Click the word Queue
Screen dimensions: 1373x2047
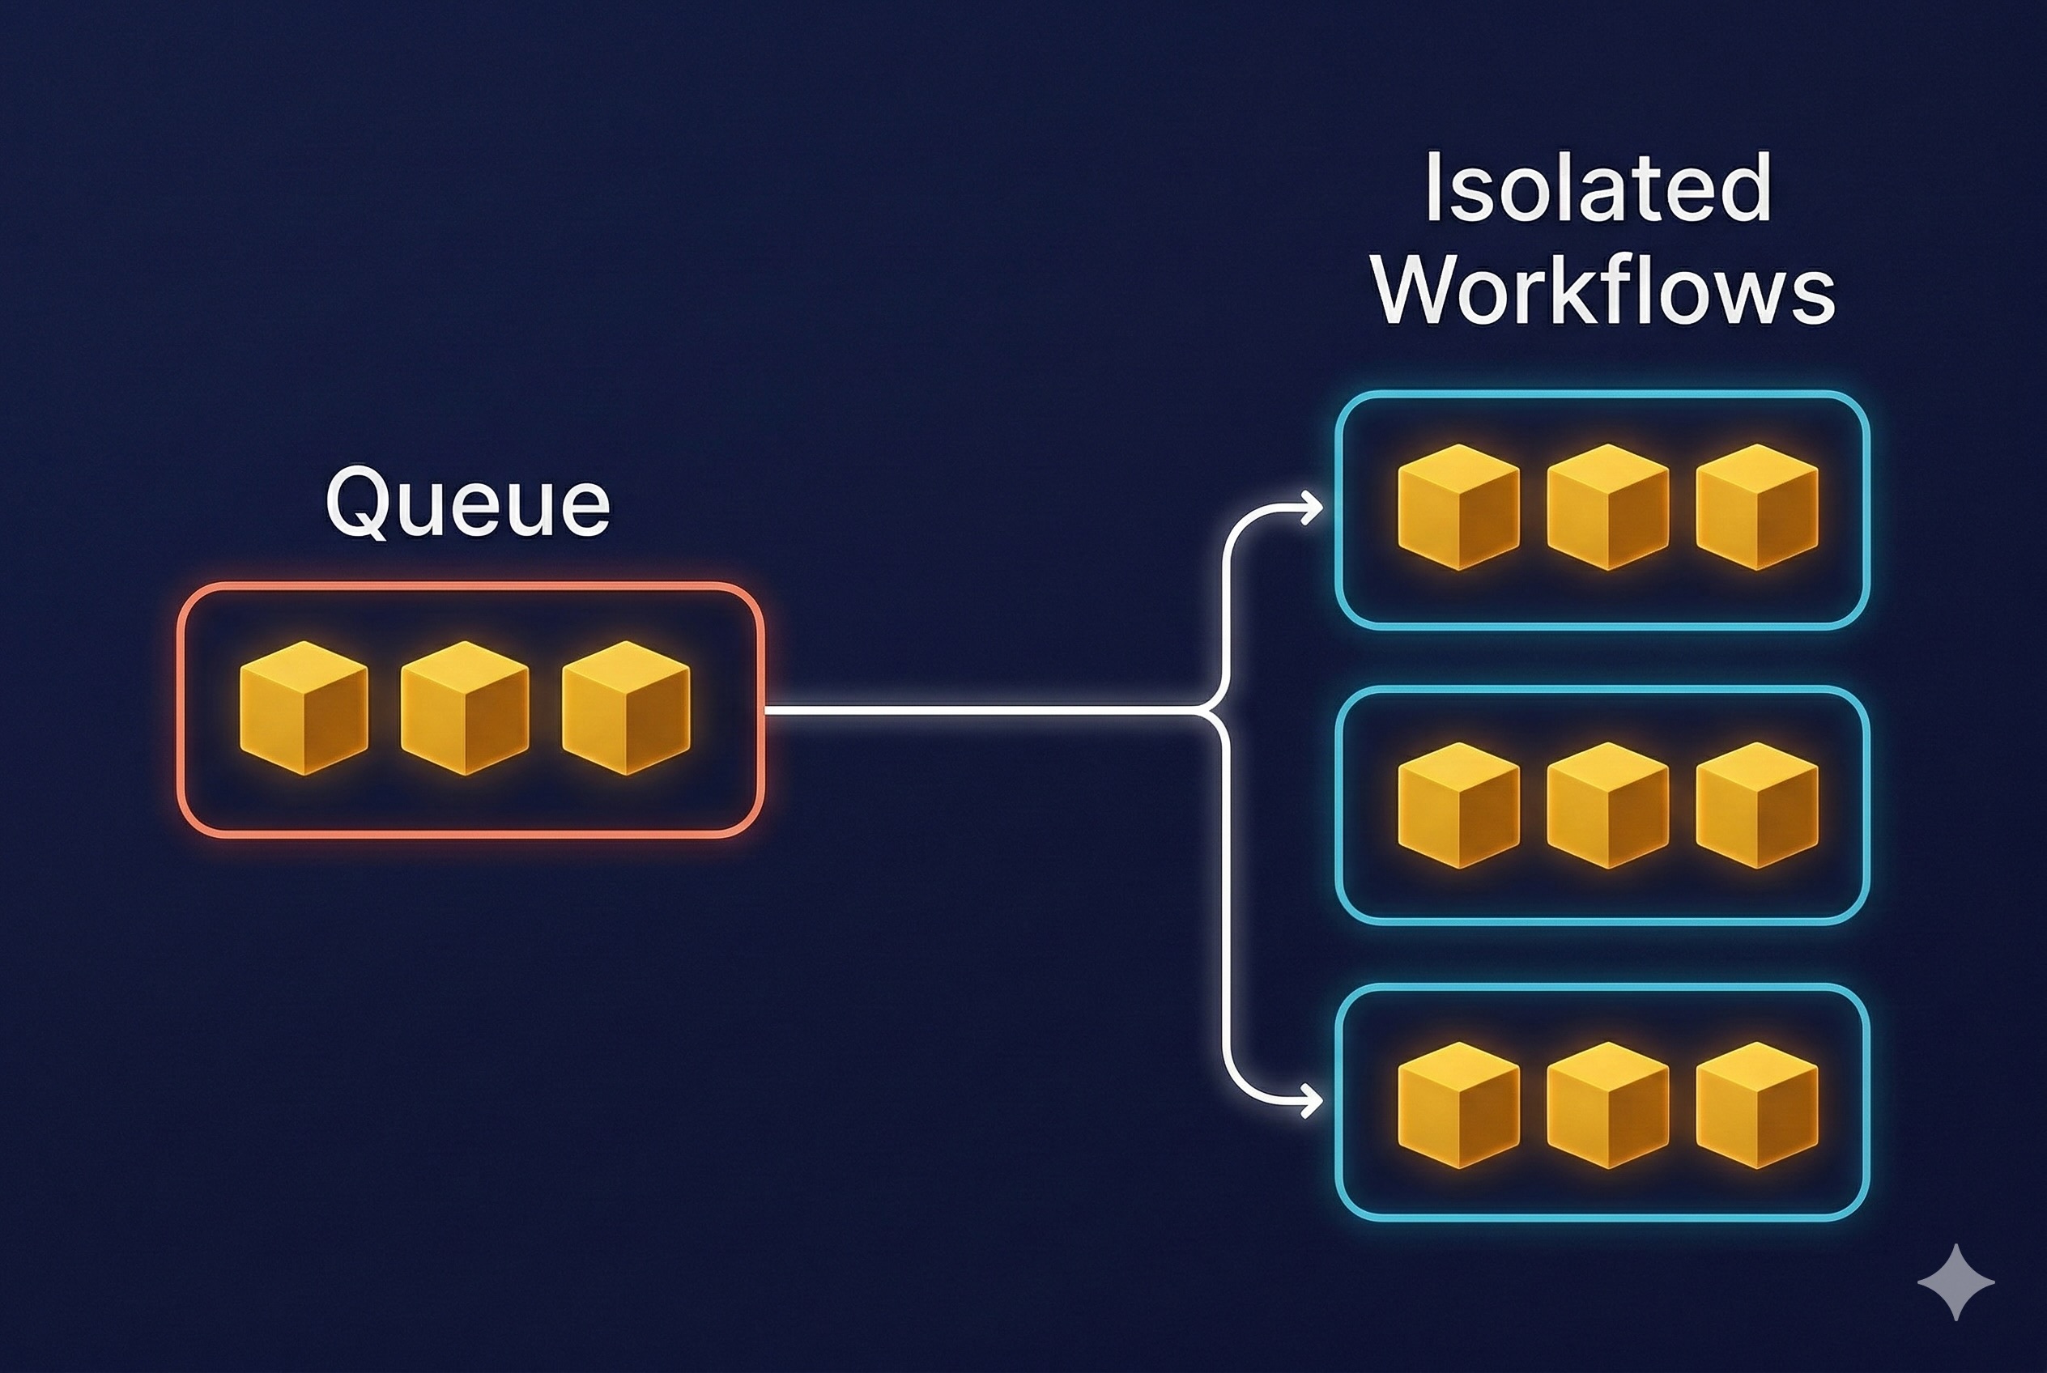click(468, 503)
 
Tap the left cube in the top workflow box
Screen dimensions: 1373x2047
click(1458, 507)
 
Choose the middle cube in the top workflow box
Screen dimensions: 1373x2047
click(1607, 507)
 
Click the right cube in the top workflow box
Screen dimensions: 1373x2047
click(1756, 507)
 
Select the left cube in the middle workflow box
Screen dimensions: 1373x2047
click(1458, 805)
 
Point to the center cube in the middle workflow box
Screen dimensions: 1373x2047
click(1607, 805)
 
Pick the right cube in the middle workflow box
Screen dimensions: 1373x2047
click(1756, 805)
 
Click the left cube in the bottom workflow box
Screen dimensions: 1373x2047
click(1458, 1104)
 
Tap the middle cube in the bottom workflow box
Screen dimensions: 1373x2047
click(1607, 1104)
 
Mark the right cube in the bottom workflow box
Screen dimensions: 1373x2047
click(1756, 1104)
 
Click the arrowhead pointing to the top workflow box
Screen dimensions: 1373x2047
click(1311, 507)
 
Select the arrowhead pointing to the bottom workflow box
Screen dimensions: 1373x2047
click(1311, 1101)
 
